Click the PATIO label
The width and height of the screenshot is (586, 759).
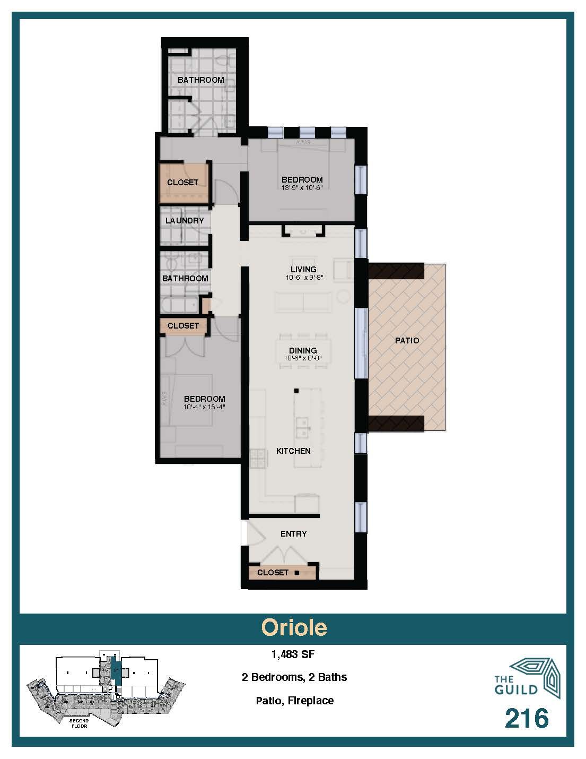[x=407, y=340]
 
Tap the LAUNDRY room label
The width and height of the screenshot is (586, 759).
[x=185, y=220]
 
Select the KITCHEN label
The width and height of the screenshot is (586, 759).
[x=293, y=451]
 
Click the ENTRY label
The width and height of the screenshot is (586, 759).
[x=293, y=533]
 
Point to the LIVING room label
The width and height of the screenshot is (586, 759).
[x=303, y=269]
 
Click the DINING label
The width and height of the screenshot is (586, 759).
[x=303, y=350]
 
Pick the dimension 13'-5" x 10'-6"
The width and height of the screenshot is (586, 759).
[x=302, y=187]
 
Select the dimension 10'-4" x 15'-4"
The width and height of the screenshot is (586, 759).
[x=204, y=407]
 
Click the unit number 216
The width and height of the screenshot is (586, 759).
[x=526, y=719]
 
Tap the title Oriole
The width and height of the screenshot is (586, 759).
[x=294, y=627]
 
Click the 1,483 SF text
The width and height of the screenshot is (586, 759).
[x=293, y=654]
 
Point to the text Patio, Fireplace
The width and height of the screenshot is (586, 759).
[x=294, y=701]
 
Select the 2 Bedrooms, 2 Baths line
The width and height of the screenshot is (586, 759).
[x=294, y=677]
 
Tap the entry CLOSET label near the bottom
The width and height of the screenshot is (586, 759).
[x=273, y=572]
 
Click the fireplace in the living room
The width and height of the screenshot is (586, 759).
[x=303, y=230]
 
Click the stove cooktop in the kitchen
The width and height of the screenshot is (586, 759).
[x=257, y=459]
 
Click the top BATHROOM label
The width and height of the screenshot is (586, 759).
[x=200, y=80]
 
